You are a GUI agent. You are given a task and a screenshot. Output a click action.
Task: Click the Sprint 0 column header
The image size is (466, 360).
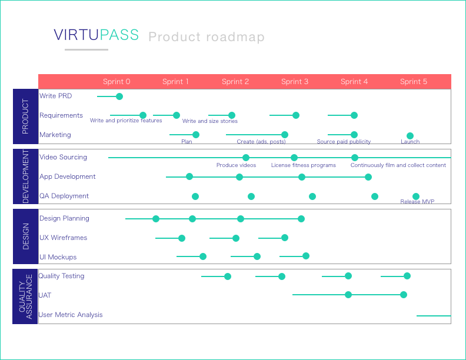pyautogui.click(x=116, y=82)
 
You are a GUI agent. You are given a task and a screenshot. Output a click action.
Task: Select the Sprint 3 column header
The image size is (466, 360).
pyautogui.click(x=295, y=82)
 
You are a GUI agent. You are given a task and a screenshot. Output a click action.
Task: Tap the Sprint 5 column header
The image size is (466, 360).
pyautogui.click(x=414, y=82)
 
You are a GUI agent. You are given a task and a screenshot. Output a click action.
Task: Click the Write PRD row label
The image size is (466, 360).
pyautogui.click(x=55, y=96)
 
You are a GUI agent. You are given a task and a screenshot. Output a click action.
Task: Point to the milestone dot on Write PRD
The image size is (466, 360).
pyautogui.click(x=119, y=96)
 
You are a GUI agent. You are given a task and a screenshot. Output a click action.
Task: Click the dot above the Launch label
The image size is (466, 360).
pyautogui.click(x=410, y=136)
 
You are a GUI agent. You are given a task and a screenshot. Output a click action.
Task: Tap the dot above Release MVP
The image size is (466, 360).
pyautogui.click(x=416, y=196)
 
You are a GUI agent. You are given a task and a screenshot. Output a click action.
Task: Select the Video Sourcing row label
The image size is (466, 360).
pyautogui.click(x=63, y=157)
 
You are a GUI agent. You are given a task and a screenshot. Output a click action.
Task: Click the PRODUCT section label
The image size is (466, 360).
pyautogui.click(x=25, y=116)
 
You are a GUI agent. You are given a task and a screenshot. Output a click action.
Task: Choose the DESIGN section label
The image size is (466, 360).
pyautogui.click(x=25, y=236)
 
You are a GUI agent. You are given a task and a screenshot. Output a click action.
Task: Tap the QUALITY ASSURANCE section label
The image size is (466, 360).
pyautogui.click(x=25, y=296)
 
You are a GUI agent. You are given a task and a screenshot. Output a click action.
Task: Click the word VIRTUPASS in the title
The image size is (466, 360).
pyautogui.click(x=96, y=35)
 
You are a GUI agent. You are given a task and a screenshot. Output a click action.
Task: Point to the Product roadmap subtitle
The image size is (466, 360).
pyautogui.click(x=207, y=37)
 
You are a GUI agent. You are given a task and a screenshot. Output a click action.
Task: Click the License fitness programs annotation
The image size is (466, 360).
pyautogui.click(x=304, y=165)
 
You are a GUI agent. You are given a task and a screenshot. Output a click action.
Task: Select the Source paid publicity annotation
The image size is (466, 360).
pyautogui.click(x=344, y=142)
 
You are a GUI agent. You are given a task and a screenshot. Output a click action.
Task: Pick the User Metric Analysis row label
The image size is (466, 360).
pyautogui.click(x=71, y=315)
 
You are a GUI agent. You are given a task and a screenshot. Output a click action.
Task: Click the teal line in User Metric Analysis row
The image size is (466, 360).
pyautogui.click(x=434, y=316)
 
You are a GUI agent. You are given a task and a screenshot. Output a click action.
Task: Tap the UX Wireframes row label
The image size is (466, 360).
pyautogui.click(x=63, y=238)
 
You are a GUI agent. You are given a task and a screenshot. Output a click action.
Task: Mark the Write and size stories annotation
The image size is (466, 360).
pyautogui.click(x=210, y=121)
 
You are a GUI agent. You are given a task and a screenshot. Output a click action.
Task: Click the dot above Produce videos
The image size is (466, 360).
pyautogui.click(x=246, y=158)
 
